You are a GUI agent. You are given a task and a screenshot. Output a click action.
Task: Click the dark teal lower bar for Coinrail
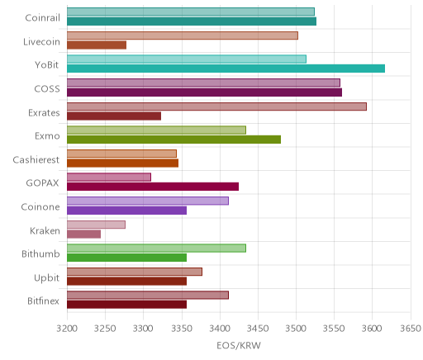click(192, 21)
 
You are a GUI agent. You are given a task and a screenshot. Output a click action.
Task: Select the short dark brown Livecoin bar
click(97, 45)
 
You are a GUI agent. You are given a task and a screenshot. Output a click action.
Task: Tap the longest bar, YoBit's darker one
click(226, 69)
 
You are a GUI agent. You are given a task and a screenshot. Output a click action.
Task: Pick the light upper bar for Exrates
click(216, 107)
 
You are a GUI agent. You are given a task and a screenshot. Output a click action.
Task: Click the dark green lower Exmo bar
click(173, 140)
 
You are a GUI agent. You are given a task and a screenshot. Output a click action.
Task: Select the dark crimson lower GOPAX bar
click(153, 187)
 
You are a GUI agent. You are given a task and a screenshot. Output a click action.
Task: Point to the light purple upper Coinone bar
click(148, 201)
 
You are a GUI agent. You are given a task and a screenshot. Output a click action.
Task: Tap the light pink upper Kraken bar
click(96, 225)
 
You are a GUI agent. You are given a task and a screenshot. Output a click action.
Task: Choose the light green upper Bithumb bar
click(156, 249)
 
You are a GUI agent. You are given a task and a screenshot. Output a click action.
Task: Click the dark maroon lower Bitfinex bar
click(126, 305)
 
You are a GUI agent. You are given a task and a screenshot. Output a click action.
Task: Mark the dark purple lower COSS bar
click(204, 92)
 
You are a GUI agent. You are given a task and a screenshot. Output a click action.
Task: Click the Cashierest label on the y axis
click(36, 159)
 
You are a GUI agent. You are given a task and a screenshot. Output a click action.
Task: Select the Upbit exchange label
click(46, 277)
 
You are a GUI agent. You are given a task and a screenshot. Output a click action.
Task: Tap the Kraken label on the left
click(45, 230)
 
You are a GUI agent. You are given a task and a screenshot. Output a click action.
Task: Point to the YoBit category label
click(47, 65)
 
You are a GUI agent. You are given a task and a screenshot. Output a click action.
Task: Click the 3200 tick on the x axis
click(67, 329)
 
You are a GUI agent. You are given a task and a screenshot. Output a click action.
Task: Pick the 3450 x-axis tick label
click(258, 329)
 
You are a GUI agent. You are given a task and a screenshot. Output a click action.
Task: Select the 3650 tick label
click(411, 329)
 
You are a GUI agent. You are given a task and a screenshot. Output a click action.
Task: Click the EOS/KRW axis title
click(239, 346)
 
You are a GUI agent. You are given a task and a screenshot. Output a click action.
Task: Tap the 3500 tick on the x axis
click(296, 329)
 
